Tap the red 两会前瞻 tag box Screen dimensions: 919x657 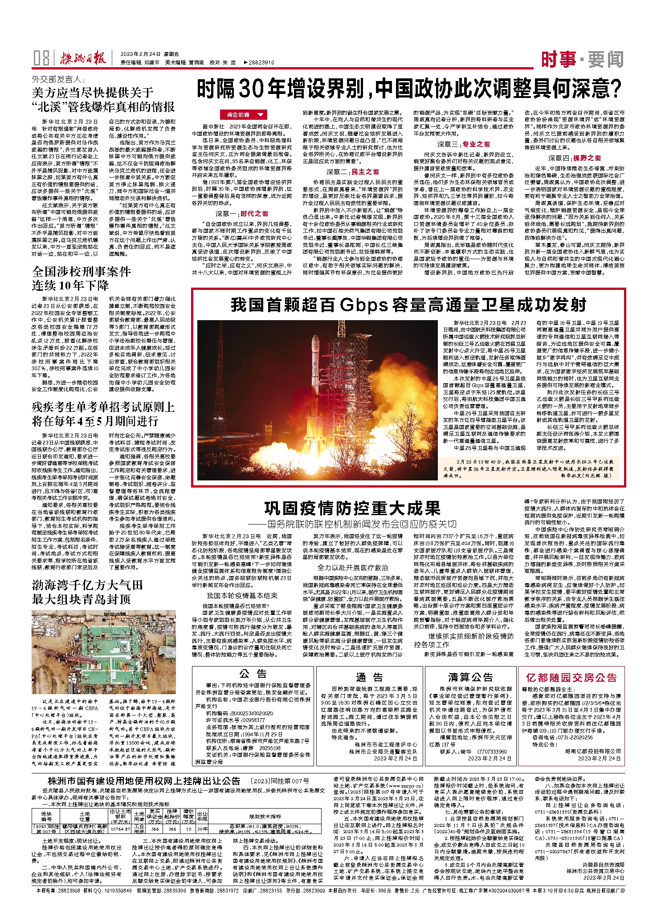point(243,115)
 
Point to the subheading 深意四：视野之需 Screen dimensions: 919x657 point(574,158)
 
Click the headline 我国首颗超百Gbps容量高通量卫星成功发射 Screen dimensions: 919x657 point(408,305)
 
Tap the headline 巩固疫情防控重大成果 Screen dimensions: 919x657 point(352,508)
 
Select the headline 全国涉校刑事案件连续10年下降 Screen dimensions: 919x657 point(82,278)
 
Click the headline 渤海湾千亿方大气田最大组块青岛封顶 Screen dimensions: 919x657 point(87,592)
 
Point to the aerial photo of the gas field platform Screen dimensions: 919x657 point(103,652)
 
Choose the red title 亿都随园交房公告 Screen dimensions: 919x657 point(571,678)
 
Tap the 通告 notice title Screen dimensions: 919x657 point(369,678)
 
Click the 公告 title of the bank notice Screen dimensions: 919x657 point(253,674)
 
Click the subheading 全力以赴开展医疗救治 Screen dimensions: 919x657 point(352,567)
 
